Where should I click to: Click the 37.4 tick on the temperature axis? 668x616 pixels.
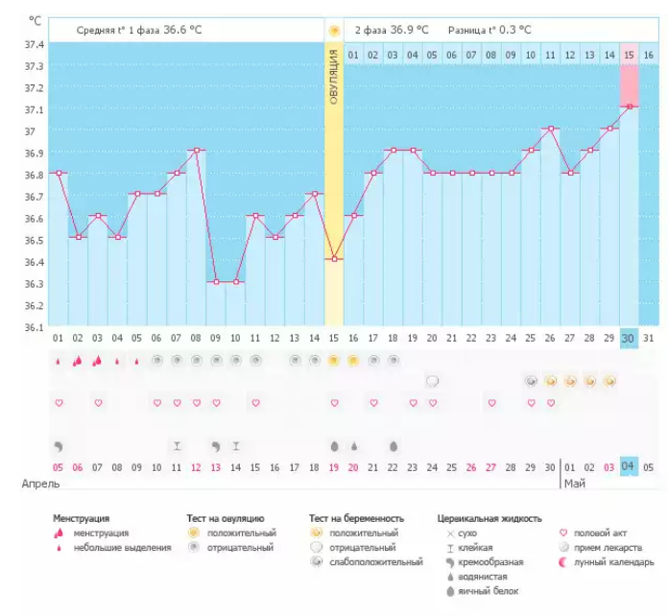[x=35, y=45]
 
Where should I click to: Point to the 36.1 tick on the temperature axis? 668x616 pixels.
[x=35, y=327]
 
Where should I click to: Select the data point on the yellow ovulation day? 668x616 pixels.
[x=334, y=259]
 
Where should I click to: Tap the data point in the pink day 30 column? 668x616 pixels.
[x=630, y=107]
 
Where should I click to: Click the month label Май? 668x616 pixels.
[x=574, y=485]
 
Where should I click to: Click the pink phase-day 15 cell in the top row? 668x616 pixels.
[x=630, y=55]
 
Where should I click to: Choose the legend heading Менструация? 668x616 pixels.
[x=81, y=519]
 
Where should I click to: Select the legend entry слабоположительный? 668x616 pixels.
[x=374, y=562]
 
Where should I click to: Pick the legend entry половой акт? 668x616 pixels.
[x=601, y=533]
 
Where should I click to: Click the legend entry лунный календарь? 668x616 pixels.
[x=613, y=562]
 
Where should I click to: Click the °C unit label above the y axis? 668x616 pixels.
[x=36, y=20]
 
